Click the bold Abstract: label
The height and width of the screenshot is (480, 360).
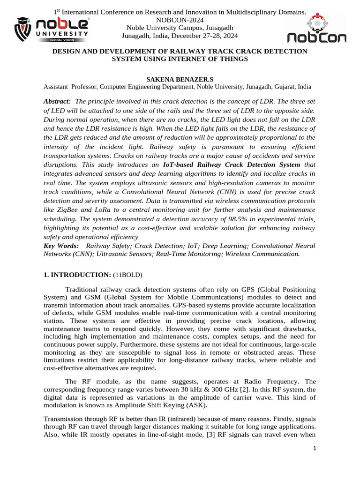pos(57,102)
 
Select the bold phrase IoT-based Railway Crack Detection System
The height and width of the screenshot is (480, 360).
pos(231,165)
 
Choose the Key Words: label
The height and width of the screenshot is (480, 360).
pos(61,246)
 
